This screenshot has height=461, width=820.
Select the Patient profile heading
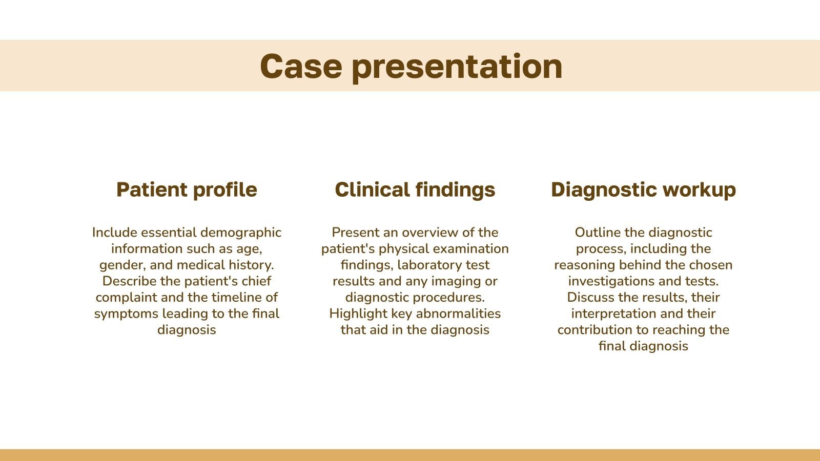coord(187,190)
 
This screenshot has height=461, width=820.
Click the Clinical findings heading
coord(415,190)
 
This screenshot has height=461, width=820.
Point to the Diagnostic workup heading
coord(643,190)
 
